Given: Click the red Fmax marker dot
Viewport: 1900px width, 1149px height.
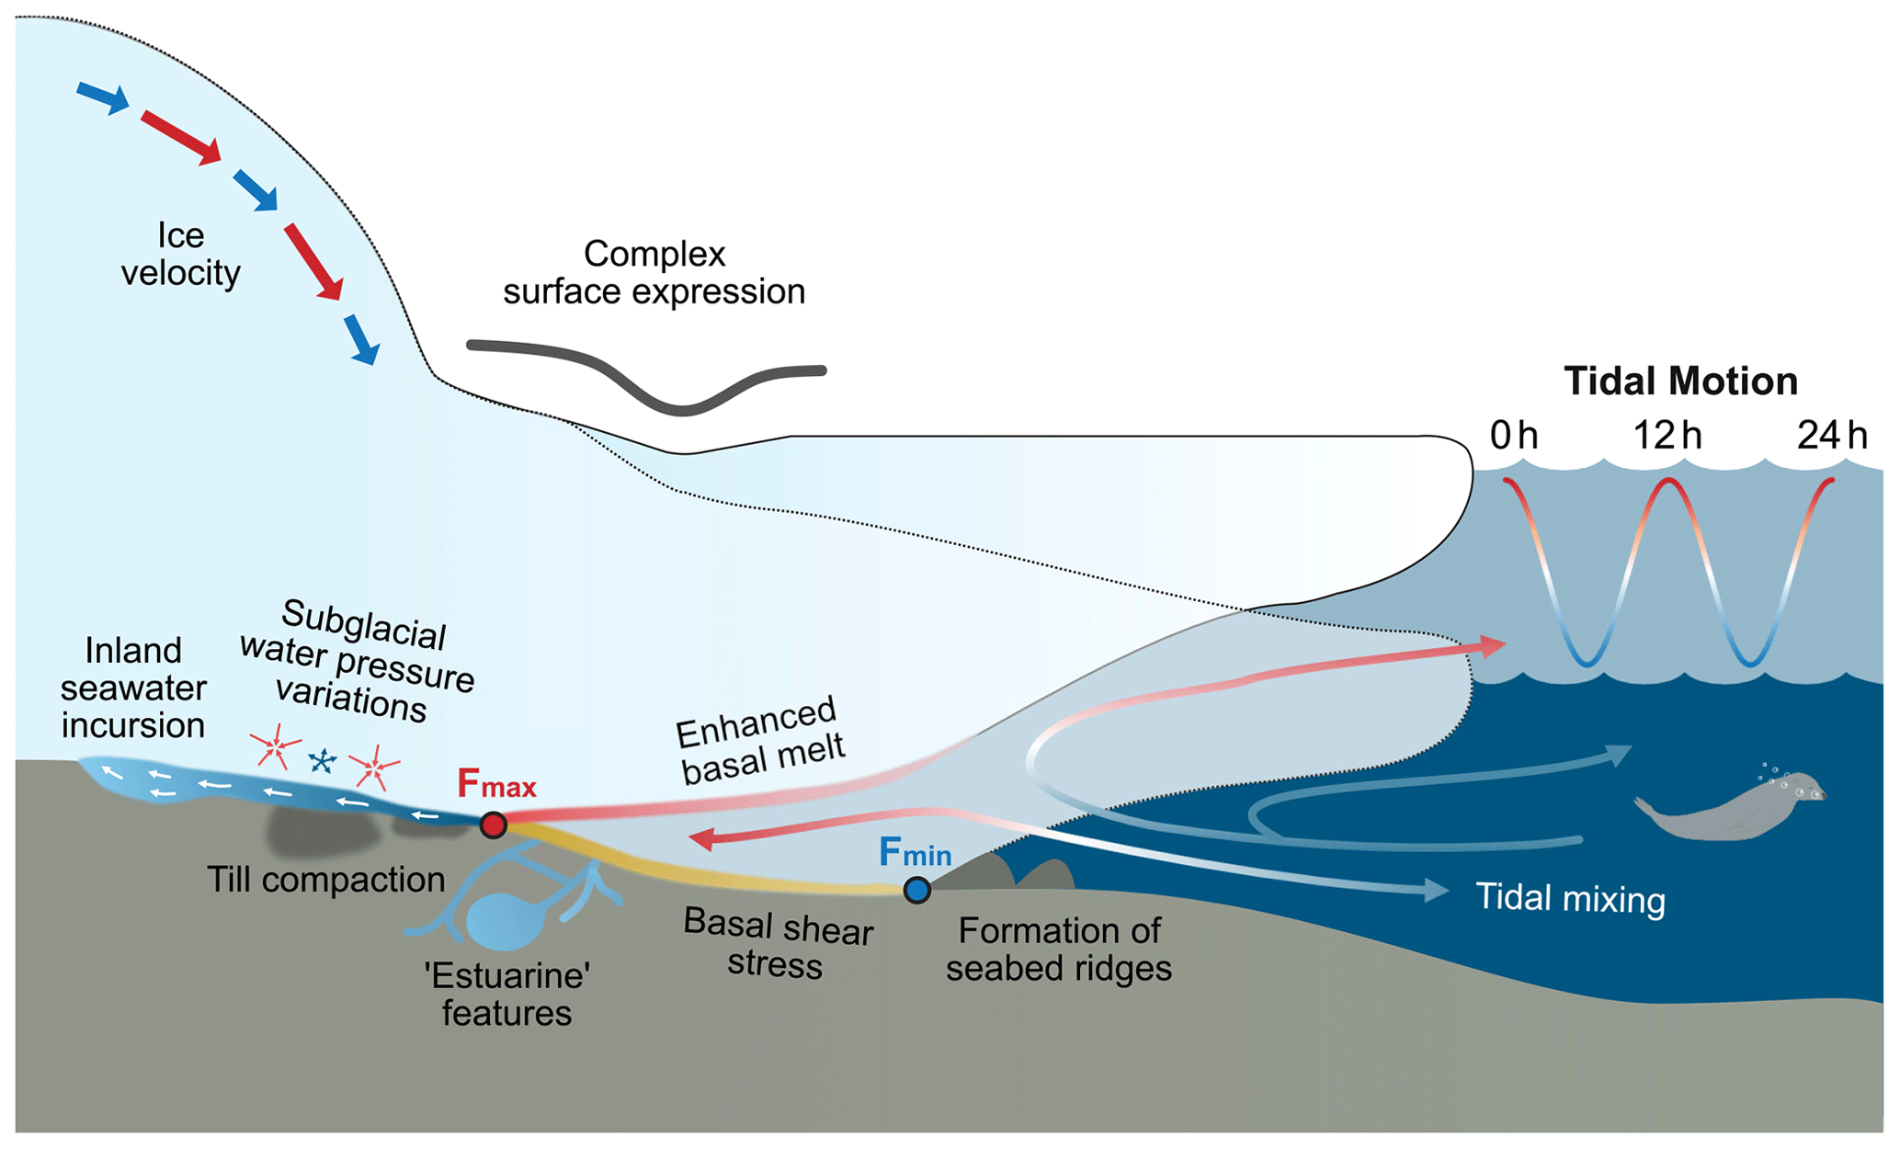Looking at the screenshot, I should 494,825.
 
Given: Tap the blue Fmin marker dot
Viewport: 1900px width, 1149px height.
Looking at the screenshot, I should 916,890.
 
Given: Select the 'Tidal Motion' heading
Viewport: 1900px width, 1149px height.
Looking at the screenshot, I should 1680,381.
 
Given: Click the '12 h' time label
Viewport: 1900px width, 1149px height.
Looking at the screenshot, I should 1667,435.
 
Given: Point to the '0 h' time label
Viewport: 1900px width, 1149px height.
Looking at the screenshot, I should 1514,435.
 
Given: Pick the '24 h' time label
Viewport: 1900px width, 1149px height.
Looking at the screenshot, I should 1831,435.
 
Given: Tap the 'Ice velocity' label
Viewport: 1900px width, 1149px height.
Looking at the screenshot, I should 181,255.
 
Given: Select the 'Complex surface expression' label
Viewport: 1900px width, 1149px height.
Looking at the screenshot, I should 654,273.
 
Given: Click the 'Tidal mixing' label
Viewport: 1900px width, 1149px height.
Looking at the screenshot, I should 1570,898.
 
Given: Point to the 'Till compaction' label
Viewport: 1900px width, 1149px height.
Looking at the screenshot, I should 325,880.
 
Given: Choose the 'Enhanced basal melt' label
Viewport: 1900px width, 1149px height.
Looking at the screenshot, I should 759,740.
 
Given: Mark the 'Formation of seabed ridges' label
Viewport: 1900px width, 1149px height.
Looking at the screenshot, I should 1059,950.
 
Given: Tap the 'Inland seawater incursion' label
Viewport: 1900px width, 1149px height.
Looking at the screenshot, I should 133,688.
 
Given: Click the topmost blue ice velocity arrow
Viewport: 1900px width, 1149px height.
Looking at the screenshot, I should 103,97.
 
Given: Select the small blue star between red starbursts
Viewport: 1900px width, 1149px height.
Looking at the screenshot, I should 322,760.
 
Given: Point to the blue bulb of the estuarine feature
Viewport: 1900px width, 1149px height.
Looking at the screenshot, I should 503,922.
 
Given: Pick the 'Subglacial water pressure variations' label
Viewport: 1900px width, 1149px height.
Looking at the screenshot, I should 357,660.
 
